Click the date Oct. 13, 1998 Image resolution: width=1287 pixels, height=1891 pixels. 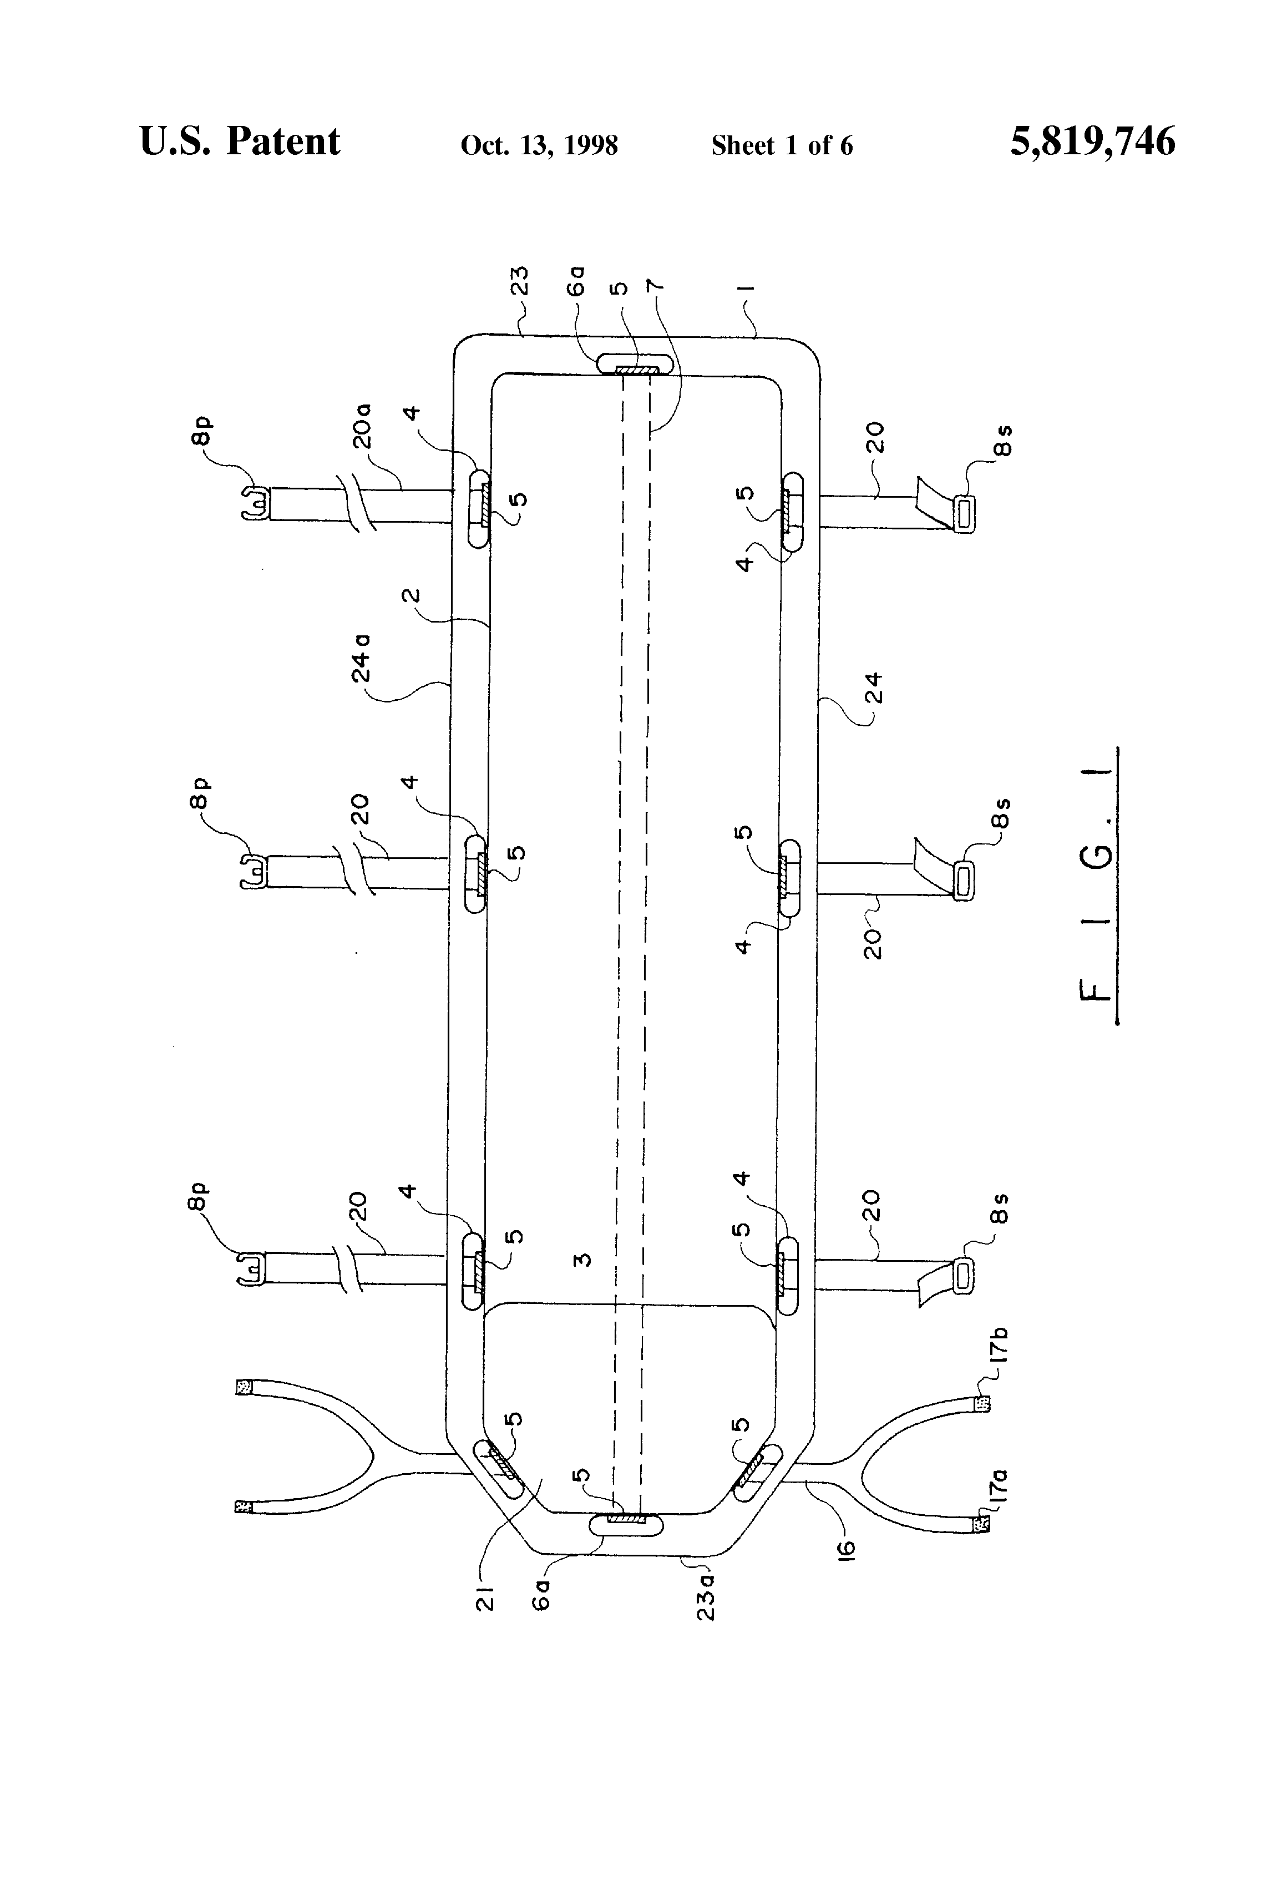(539, 145)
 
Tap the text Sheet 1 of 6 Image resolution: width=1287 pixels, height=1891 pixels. (781, 145)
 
